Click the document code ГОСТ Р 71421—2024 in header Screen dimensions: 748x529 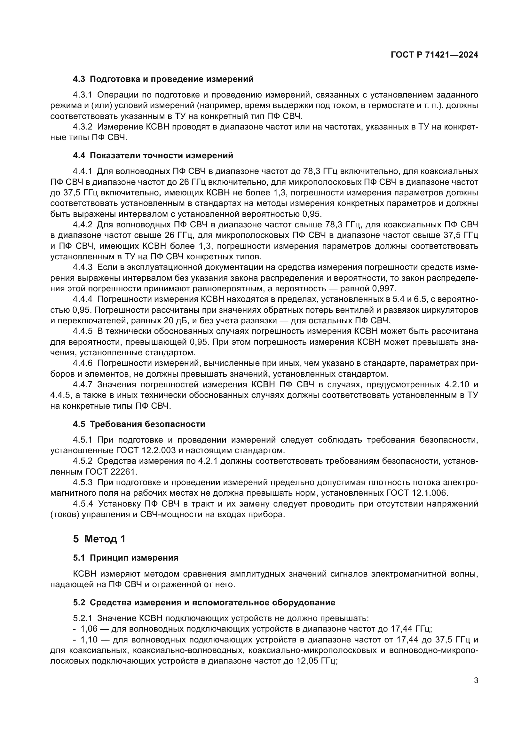pyautogui.click(x=434, y=55)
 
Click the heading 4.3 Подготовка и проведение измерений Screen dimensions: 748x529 pyautogui.click(x=163, y=79)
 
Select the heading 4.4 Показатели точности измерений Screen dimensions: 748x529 pyautogui.click(x=153, y=156)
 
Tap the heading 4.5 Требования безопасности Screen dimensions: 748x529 pyautogui.click(x=139, y=424)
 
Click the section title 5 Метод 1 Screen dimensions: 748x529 pyautogui.click(x=99, y=539)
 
